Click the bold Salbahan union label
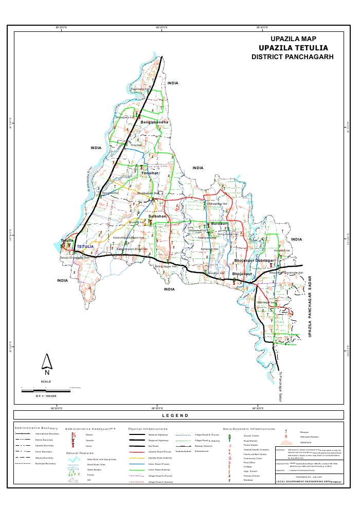pyautogui.click(x=158, y=216)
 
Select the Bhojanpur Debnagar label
pyautogui.click(x=255, y=262)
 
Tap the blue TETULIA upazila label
pyautogui.click(x=85, y=247)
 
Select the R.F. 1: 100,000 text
pyautogui.click(x=45, y=396)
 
